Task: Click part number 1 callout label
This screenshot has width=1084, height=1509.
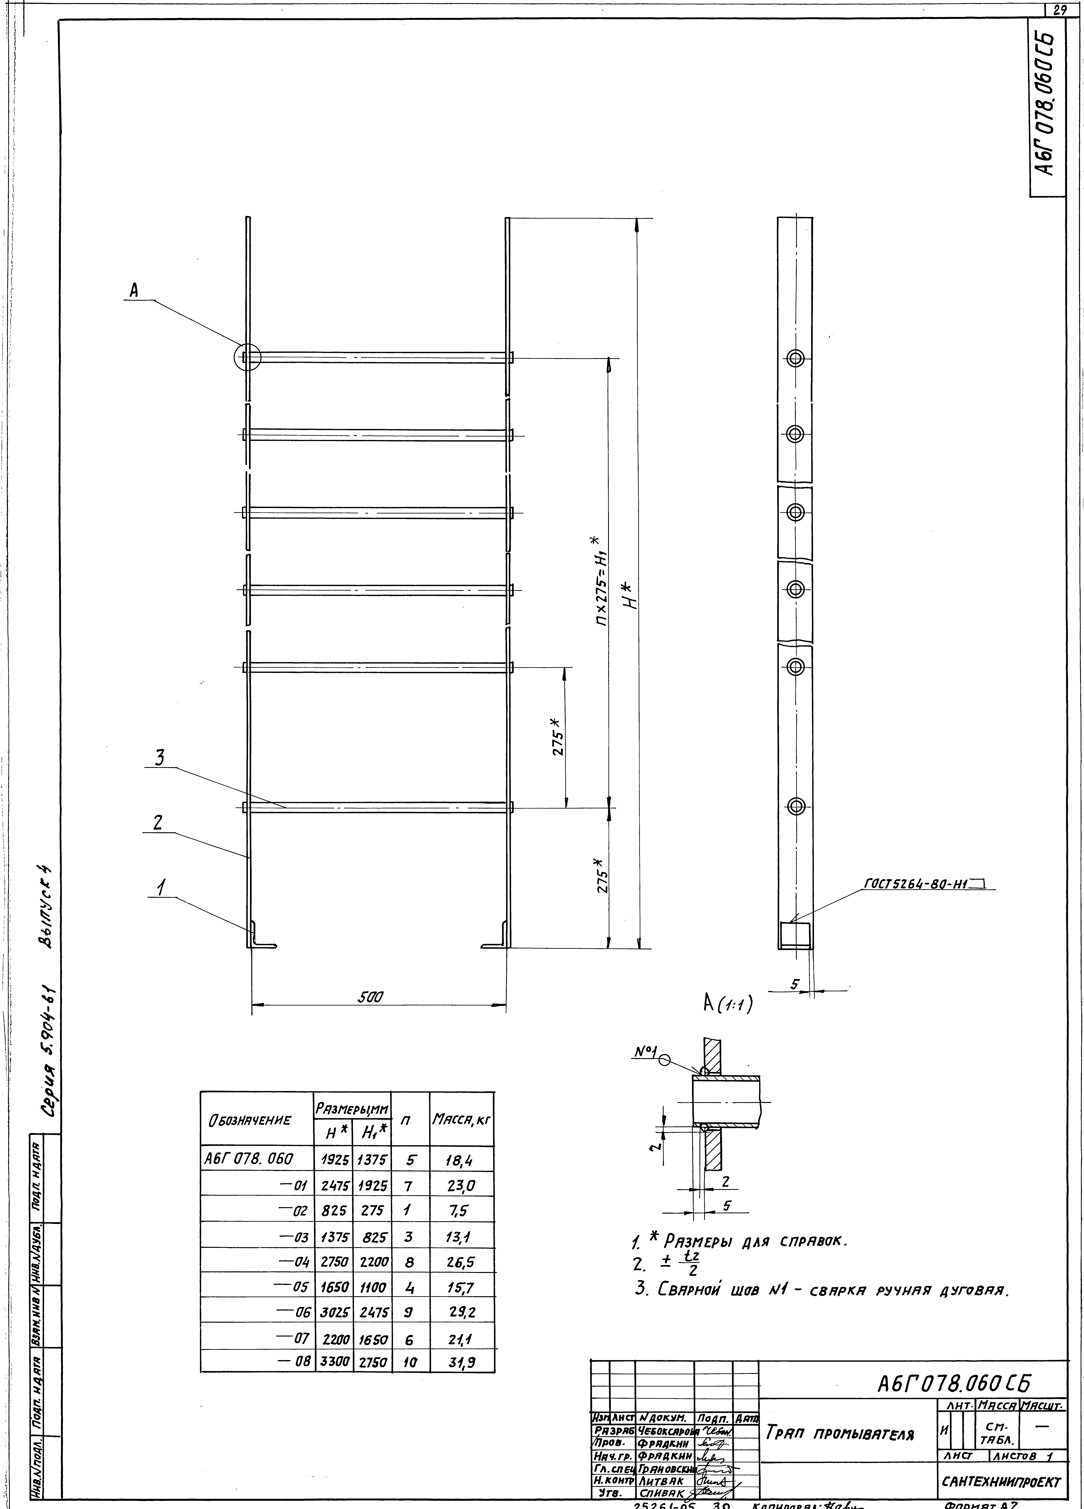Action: (160, 887)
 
